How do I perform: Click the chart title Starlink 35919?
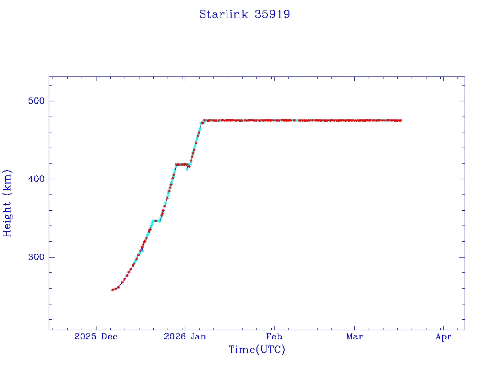click(x=244, y=14)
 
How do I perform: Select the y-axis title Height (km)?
click(x=7, y=203)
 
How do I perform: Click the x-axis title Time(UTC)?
click(x=257, y=350)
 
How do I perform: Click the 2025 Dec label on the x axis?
click(x=96, y=337)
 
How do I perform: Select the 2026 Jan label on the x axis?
click(x=185, y=337)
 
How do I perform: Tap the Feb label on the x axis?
click(x=274, y=337)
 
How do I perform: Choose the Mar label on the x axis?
click(x=354, y=337)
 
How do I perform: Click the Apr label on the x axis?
click(x=443, y=337)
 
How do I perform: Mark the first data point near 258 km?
click(x=113, y=290)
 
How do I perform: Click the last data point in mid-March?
click(x=400, y=120)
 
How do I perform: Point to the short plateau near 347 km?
click(x=156, y=221)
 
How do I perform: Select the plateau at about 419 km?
click(x=181, y=164)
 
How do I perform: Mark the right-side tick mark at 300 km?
click(x=461, y=257)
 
